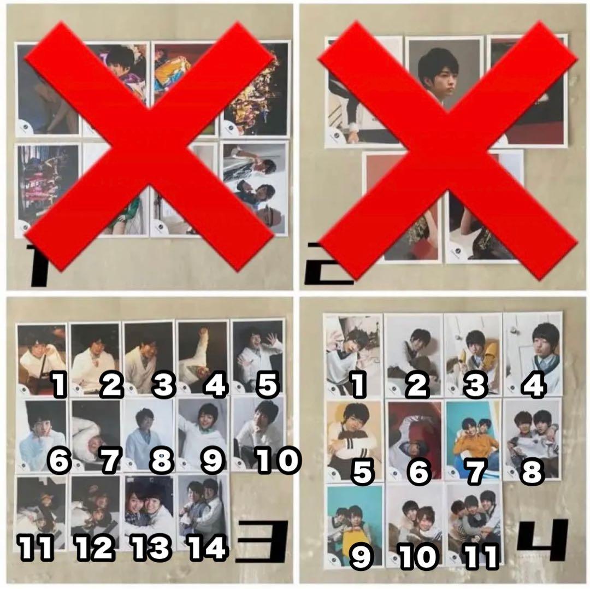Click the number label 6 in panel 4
click(x=418, y=471)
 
